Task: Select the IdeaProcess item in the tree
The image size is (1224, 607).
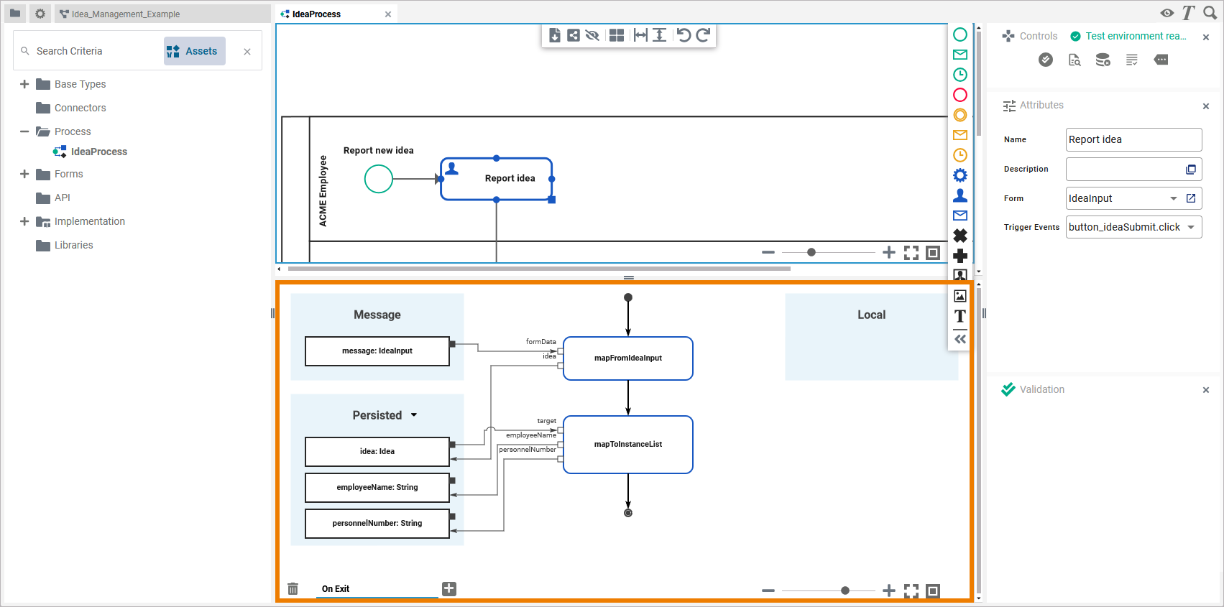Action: (x=98, y=152)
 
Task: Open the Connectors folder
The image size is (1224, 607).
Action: (x=80, y=108)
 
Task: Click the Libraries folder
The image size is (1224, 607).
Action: (x=73, y=245)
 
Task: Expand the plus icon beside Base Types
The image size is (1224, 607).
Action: (x=24, y=84)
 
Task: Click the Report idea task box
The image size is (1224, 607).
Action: (x=497, y=179)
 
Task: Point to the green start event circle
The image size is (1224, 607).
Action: (x=379, y=179)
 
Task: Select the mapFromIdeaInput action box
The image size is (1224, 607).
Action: (x=628, y=358)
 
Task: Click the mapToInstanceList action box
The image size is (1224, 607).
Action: (x=628, y=445)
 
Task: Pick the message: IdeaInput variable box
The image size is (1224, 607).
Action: (x=377, y=351)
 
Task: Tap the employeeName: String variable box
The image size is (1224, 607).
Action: (x=377, y=488)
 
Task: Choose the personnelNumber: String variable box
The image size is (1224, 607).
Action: (x=377, y=524)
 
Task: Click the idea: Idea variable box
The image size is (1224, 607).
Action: (x=377, y=452)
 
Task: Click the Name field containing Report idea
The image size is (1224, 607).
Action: (x=1133, y=139)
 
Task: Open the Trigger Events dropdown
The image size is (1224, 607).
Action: (x=1191, y=227)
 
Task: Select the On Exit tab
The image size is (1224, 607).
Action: (x=336, y=589)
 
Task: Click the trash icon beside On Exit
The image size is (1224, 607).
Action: (x=293, y=589)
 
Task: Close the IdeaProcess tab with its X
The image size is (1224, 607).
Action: (x=388, y=14)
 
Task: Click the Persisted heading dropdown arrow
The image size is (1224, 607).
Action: (x=414, y=415)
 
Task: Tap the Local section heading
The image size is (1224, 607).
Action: (x=871, y=315)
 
